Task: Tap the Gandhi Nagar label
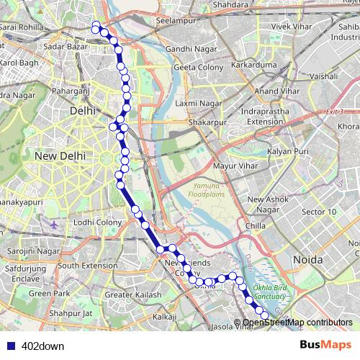click(187, 48)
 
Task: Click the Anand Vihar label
click(275, 91)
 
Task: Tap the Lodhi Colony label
click(99, 222)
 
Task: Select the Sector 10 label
click(319, 212)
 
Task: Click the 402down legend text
click(43, 345)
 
